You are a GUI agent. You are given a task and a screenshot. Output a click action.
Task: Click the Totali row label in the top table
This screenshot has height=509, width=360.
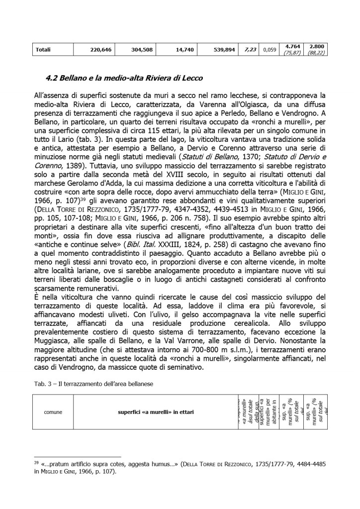pyautogui.click(x=43, y=50)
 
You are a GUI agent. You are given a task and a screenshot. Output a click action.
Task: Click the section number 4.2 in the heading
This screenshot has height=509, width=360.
pyautogui.click(x=52, y=78)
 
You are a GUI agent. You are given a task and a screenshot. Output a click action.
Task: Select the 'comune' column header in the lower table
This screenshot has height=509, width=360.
pyautogui.click(x=53, y=411)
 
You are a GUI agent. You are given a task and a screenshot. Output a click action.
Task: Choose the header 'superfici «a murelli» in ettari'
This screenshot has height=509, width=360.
pyautogui.click(x=156, y=411)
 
